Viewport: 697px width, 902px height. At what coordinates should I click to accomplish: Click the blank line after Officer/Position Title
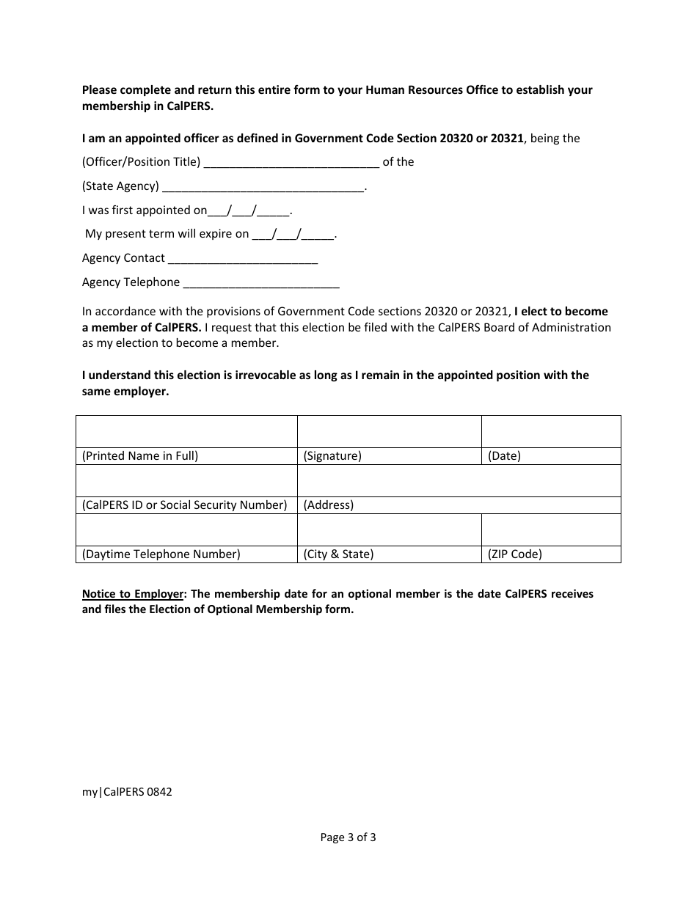[291, 163]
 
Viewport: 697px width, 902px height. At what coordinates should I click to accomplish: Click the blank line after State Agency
[263, 187]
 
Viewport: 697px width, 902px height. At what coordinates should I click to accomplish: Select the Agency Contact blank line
[242, 259]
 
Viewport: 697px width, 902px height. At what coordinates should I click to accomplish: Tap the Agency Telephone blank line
[260, 283]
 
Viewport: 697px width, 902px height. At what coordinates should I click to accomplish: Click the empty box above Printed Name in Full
[186, 431]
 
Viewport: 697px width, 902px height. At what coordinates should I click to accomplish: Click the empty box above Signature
[389, 431]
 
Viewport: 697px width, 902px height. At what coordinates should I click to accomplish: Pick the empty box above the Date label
[551, 431]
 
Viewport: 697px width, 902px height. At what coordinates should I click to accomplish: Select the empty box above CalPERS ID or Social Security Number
[186, 480]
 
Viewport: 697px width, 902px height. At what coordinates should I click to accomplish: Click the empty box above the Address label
[459, 480]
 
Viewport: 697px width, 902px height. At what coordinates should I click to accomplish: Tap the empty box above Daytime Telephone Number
[186, 529]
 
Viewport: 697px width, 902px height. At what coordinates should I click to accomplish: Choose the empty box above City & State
[389, 529]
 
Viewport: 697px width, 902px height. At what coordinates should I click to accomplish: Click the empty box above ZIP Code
[551, 529]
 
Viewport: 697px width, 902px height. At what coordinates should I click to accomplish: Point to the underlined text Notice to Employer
[132, 594]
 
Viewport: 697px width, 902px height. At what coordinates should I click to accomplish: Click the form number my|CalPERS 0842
[127, 792]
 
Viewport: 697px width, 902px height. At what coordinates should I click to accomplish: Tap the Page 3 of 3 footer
[348, 837]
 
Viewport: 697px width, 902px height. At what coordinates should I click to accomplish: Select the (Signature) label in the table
[332, 456]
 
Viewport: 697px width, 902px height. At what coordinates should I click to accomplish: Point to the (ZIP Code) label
[515, 554]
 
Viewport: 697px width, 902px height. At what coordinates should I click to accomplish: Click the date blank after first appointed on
[249, 211]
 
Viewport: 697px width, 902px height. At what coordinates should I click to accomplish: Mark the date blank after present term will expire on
[293, 235]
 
